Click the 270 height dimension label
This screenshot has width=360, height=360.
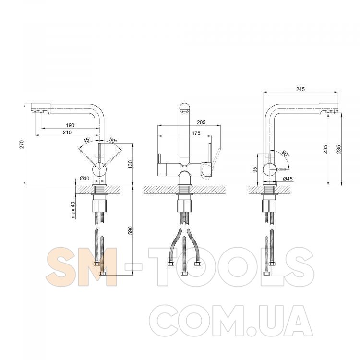pos(22,144)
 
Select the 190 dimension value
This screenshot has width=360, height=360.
pos(70,125)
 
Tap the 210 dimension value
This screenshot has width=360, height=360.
pos(67,132)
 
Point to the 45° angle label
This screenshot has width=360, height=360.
pos(87,140)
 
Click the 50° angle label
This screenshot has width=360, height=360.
pos(113,140)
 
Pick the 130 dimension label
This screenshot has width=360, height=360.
pos(131,164)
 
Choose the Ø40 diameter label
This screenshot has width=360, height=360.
pos(84,178)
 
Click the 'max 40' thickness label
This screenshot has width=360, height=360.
pos(73,210)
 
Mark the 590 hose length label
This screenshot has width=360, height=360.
pos(131,230)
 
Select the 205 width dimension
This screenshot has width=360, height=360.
pos(201,122)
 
